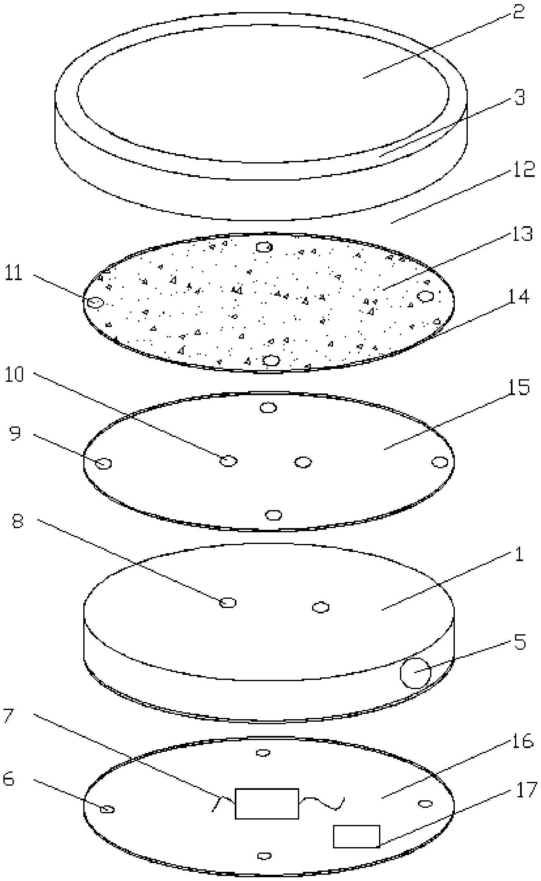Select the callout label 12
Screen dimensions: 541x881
523,170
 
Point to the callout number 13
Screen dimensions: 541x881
520,234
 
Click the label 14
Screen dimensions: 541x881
518,297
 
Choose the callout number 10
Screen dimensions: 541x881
14,375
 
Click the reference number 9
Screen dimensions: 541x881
15,434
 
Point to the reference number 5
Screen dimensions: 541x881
519,642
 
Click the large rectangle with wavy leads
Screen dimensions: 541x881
267,803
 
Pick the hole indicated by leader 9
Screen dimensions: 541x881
103,463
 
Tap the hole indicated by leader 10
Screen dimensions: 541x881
228,461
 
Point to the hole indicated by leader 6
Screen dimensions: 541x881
108,809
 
